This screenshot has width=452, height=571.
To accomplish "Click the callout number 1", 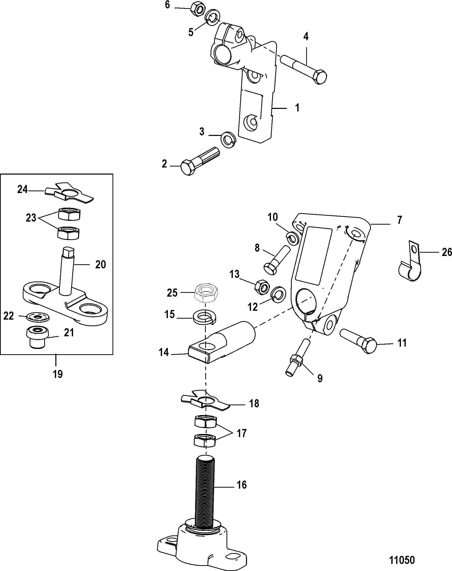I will (297, 108).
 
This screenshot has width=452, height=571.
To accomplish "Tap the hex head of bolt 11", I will (368, 346).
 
